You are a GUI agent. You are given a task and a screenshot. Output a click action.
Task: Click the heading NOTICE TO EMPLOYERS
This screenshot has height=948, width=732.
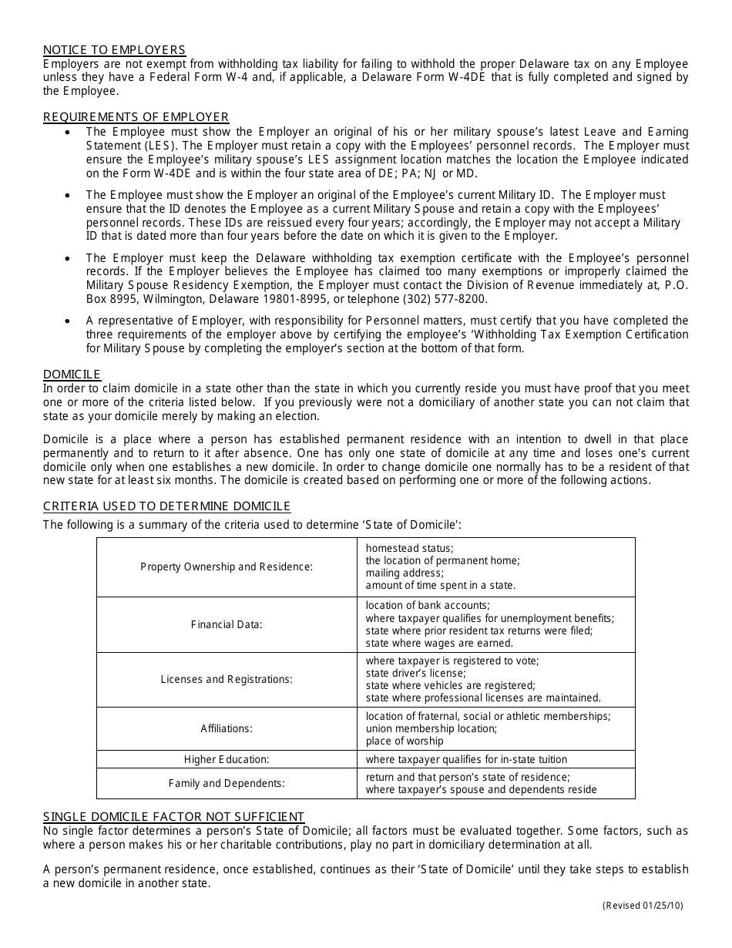click(114, 51)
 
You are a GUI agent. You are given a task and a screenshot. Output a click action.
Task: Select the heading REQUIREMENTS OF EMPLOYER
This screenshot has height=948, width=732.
click(136, 117)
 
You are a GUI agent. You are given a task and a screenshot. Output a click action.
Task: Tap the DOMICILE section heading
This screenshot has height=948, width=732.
click(72, 375)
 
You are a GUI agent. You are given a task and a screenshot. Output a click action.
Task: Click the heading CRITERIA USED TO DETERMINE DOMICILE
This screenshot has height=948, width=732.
click(166, 506)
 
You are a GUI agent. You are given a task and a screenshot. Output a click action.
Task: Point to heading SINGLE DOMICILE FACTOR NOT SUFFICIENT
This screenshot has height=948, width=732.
click(173, 817)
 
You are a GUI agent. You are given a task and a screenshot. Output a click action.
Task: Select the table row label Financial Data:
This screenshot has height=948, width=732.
click(227, 624)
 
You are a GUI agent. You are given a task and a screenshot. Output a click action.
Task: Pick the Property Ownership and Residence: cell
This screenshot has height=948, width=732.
click(227, 566)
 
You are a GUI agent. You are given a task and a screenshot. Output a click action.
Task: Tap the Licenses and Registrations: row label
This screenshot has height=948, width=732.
click(227, 679)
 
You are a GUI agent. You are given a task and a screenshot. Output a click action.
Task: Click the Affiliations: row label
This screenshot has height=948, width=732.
click(227, 728)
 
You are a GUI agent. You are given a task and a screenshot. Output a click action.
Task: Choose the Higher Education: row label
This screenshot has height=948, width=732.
click(227, 759)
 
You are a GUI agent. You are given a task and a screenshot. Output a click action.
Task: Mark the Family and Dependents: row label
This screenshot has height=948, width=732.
click(227, 783)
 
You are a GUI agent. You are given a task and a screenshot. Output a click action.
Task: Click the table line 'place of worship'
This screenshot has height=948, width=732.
click(405, 741)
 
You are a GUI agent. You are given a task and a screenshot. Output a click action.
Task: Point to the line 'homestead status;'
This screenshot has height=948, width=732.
click(409, 548)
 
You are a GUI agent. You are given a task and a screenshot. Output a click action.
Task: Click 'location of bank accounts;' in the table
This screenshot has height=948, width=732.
click(428, 606)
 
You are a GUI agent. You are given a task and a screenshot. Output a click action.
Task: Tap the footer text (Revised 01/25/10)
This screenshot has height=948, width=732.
click(642, 906)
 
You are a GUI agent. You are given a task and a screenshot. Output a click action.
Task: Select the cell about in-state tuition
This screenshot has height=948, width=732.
click(466, 759)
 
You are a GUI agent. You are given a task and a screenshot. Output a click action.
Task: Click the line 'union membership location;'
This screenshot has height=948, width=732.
click(431, 728)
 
